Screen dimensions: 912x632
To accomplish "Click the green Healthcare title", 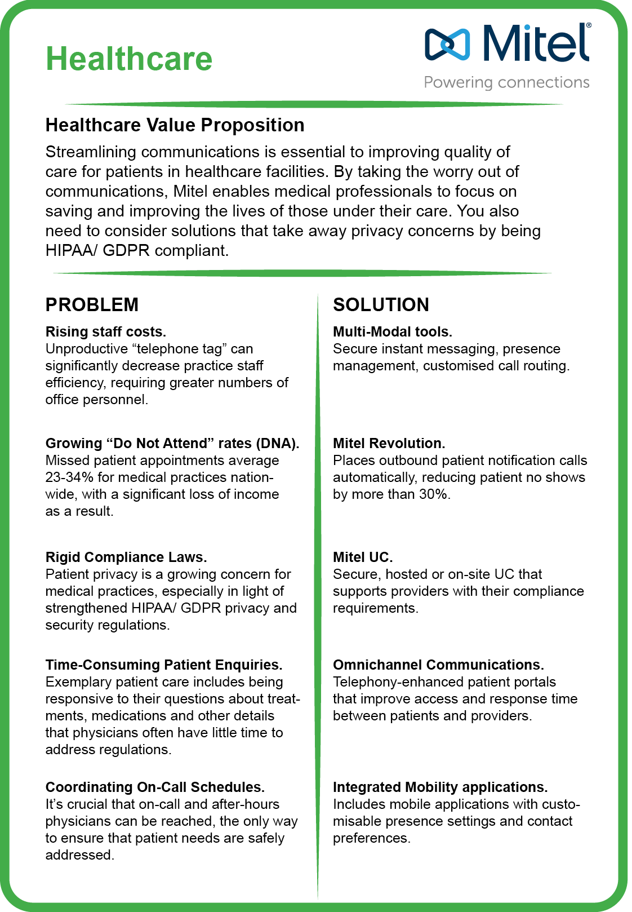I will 129,59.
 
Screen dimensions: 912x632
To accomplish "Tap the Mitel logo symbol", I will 447,44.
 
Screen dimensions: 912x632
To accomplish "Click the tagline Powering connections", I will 506,82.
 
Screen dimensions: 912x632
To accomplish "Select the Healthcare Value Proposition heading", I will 175,125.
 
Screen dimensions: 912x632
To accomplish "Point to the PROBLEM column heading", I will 92,305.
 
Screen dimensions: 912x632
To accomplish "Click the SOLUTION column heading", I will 381,305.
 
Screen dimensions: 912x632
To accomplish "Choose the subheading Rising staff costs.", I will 106,332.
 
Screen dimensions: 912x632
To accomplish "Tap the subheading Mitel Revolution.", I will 389,444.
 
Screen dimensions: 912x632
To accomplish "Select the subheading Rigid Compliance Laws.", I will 126,557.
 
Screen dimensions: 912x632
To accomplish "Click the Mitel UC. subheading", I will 363,557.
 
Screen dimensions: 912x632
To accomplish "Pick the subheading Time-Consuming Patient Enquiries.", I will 164,665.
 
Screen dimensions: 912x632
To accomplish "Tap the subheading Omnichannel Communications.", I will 438,665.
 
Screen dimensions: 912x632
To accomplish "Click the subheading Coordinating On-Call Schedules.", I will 155,787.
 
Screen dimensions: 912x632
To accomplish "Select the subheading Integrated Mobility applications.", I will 440,787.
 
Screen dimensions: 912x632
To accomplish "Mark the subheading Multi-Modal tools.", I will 393,332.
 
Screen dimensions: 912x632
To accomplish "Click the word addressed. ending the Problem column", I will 79,855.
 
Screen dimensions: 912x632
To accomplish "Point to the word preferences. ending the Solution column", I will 371,838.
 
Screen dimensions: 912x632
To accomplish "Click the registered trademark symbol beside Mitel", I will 589,26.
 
